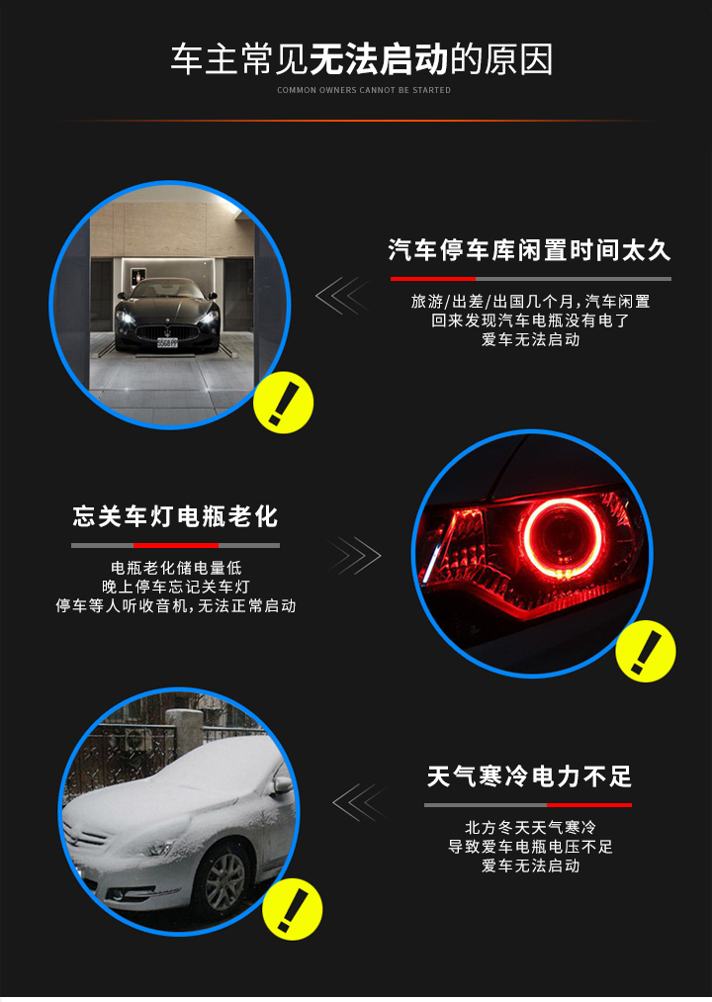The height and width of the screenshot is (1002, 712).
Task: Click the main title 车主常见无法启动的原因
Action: [362, 59]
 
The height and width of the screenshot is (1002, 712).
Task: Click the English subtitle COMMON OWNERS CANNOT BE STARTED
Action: [364, 90]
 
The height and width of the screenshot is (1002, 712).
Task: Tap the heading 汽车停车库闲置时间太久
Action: [529, 250]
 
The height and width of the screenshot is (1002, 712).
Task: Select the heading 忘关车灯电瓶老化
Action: [175, 516]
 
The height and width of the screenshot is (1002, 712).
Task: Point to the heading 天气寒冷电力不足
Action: [529, 776]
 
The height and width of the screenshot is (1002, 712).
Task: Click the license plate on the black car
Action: [167, 342]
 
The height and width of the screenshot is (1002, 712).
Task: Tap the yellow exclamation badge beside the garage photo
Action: [283, 403]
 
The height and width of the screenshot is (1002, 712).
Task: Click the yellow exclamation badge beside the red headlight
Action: [646, 651]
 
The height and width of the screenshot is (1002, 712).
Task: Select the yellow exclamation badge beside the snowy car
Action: [292, 909]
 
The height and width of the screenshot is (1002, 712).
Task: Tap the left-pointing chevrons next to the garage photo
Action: [342, 295]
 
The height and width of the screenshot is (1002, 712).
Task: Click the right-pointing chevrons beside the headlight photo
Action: [355, 555]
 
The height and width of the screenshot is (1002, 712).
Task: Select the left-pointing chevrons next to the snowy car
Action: [360, 802]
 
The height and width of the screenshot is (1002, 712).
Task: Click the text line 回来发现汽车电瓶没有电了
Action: [530, 320]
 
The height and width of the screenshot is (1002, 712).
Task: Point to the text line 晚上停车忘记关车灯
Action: [176, 587]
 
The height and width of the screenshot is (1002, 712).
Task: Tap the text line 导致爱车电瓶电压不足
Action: [530, 847]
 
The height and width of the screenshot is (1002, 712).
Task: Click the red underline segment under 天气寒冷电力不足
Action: [589, 805]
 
